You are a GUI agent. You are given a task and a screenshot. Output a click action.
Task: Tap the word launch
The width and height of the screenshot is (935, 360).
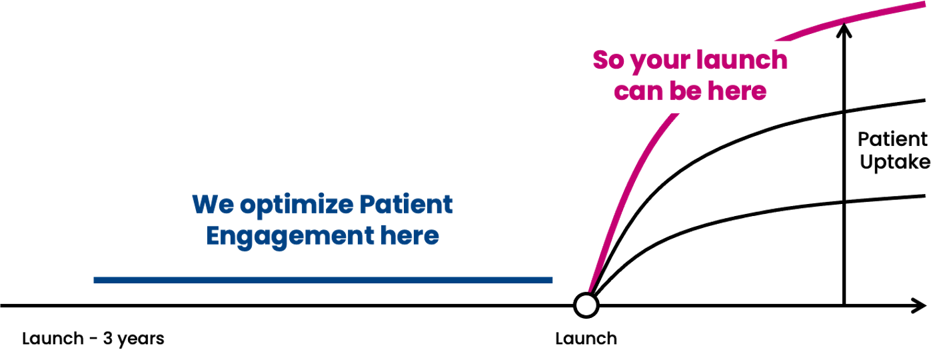point(742,61)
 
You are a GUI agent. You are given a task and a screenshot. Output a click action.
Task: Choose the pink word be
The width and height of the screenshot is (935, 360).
point(688,91)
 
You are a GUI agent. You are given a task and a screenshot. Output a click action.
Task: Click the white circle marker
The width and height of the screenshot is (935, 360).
point(586,305)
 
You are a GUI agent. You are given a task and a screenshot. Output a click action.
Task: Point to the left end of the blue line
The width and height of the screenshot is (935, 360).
point(95,281)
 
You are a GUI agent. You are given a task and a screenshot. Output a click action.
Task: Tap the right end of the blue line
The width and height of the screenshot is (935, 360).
point(551,281)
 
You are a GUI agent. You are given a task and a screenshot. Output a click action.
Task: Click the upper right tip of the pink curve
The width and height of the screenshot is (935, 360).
point(924,4)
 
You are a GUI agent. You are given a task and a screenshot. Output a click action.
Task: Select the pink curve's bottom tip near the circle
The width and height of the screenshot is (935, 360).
point(589,289)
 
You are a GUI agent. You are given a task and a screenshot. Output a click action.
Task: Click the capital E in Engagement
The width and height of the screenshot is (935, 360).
point(213,235)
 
